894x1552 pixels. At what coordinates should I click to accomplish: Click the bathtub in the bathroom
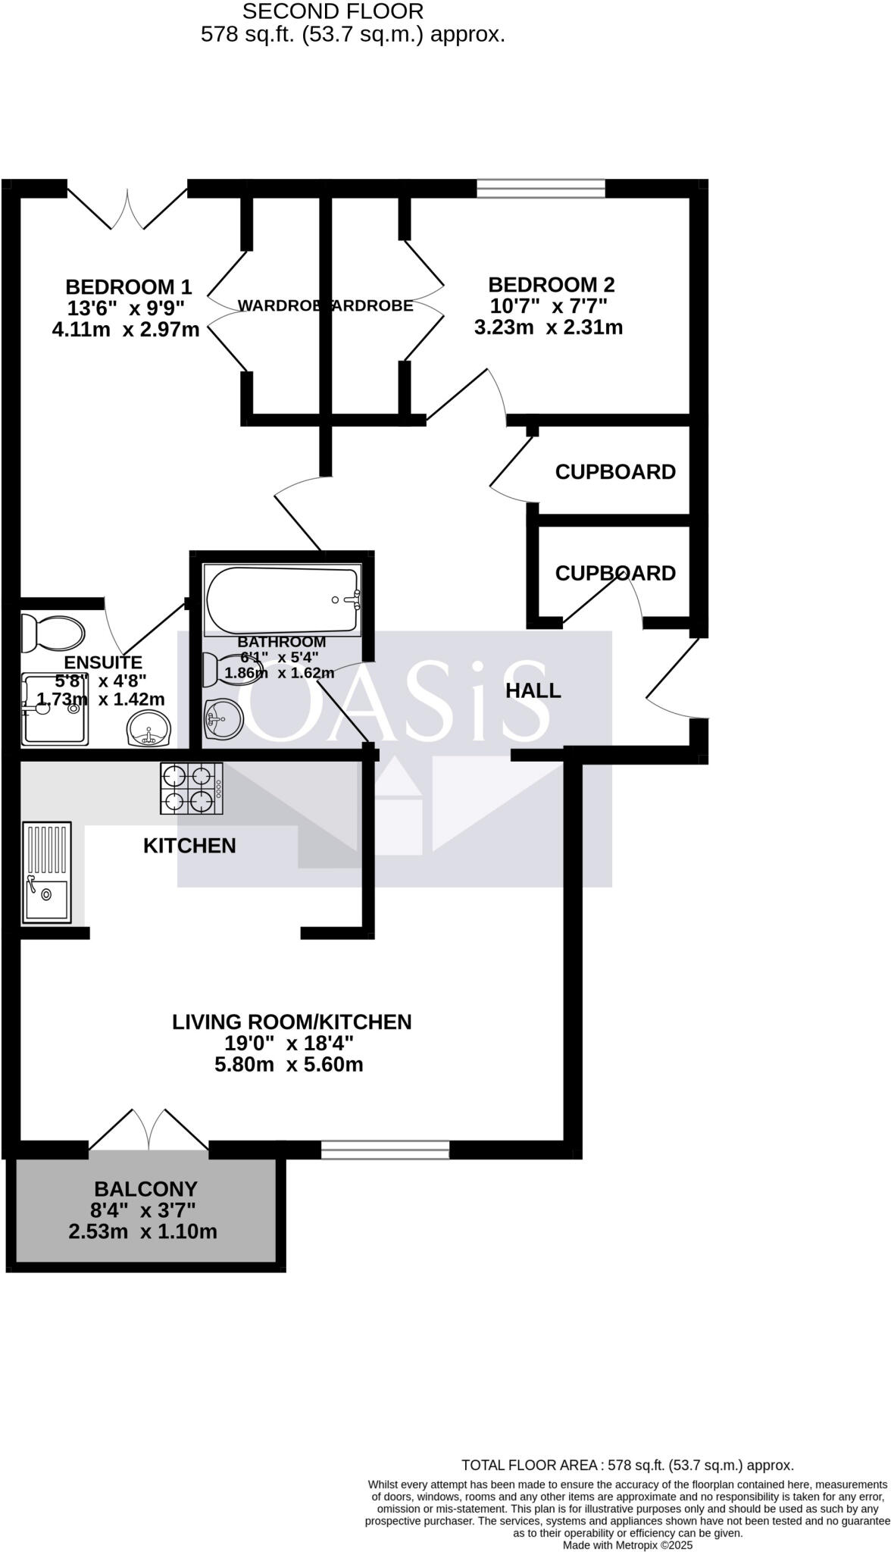click(x=282, y=600)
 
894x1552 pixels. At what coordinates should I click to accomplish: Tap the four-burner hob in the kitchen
click(x=191, y=789)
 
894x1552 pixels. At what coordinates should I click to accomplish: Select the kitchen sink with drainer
click(x=47, y=872)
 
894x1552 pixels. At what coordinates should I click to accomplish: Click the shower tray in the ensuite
click(x=58, y=709)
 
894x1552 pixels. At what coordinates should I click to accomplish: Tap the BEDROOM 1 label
click(x=128, y=287)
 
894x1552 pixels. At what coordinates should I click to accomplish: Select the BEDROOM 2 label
click(x=551, y=285)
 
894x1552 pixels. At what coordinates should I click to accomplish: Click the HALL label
click(x=533, y=690)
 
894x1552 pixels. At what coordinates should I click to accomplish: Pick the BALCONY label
click(x=145, y=1189)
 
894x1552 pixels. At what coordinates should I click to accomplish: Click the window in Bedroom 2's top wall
click(x=540, y=188)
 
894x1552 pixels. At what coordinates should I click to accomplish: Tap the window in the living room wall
click(x=385, y=1150)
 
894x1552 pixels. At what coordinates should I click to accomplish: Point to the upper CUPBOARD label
click(x=615, y=472)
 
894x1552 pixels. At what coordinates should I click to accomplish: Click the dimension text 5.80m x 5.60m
click(x=289, y=1065)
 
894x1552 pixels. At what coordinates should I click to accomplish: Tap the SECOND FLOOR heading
click(x=333, y=11)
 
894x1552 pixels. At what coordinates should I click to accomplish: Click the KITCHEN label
click(x=189, y=846)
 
